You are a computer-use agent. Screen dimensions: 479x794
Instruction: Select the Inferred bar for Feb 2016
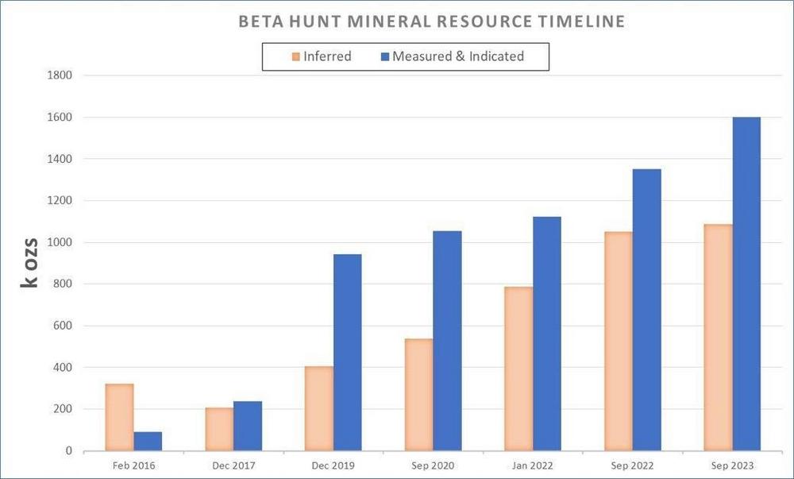coord(119,417)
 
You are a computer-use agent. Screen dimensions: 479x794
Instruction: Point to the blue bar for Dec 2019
coord(347,353)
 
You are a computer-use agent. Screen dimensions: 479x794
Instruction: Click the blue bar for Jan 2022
coord(547,334)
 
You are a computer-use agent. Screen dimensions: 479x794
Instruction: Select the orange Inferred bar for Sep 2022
coord(619,342)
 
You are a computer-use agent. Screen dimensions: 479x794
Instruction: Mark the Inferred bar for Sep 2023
coord(718,338)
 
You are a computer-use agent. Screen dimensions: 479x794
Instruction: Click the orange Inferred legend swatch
coord(296,56)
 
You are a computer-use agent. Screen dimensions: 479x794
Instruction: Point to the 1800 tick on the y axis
coord(60,75)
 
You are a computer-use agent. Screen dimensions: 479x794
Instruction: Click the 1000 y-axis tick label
coord(60,242)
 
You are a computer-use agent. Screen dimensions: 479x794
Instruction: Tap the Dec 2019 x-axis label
coord(333,465)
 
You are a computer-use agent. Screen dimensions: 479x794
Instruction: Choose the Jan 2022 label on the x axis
coord(533,465)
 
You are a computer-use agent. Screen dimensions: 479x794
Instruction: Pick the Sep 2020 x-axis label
coord(433,465)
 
